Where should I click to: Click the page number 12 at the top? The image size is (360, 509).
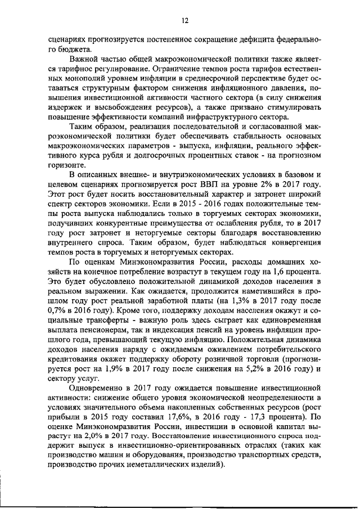click(184, 21)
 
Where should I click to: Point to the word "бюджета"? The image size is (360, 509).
click(71, 49)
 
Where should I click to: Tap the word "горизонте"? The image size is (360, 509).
click(67, 166)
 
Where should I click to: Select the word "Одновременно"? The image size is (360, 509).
click(95, 388)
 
